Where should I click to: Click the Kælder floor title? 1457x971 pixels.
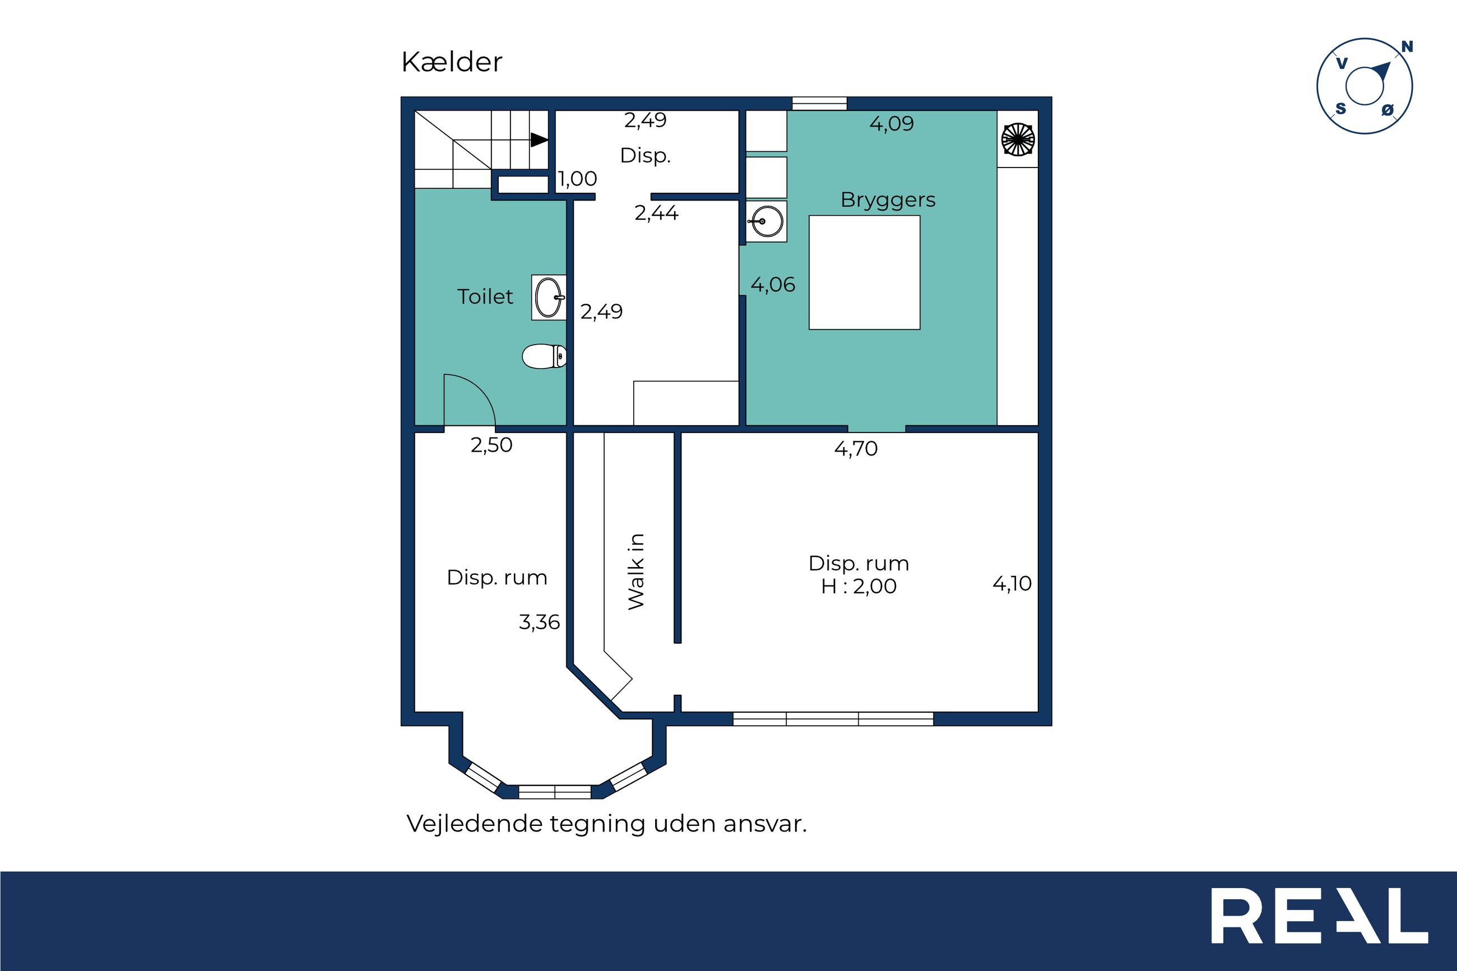pyautogui.click(x=452, y=62)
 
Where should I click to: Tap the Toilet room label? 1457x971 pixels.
pyautogui.click(x=485, y=296)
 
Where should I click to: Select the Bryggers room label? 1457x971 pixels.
pyautogui.click(x=888, y=200)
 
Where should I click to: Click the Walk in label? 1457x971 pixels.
pyautogui.click(x=636, y=571)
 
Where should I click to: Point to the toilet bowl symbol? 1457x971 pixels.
pyautogui.click(x=544, y=356)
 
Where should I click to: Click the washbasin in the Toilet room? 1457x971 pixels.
pyautogui.click(x=549, y=298)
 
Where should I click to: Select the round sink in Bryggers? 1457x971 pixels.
pyautogui.click(x=767, y=221)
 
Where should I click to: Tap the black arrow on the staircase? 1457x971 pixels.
pyautogui.click(x=539, y=140)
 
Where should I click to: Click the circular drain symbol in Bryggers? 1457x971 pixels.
pyautogui.click(x=1018, y=140)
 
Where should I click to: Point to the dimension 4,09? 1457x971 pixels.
pyautogui.click(x=892, y=124)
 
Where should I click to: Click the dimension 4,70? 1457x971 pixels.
pyautogui.click(x=856, y=448)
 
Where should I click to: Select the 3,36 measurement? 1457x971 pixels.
pyautogui.click(x=539, y=622)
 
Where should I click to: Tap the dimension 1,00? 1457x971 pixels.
pyautogui.click(x=577, y=179)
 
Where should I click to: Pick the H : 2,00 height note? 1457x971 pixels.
pyautogui.click(x=859, y=586)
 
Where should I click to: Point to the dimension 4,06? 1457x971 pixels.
pyautogui.click(x=773, y=285)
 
